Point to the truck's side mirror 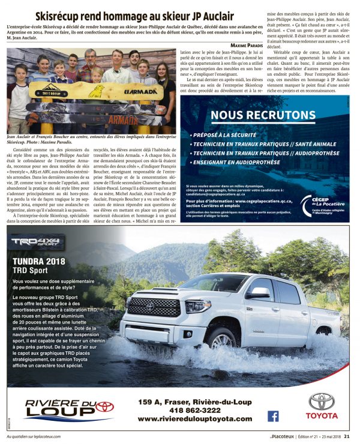259,293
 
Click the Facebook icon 273,416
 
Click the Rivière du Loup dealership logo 69,410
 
